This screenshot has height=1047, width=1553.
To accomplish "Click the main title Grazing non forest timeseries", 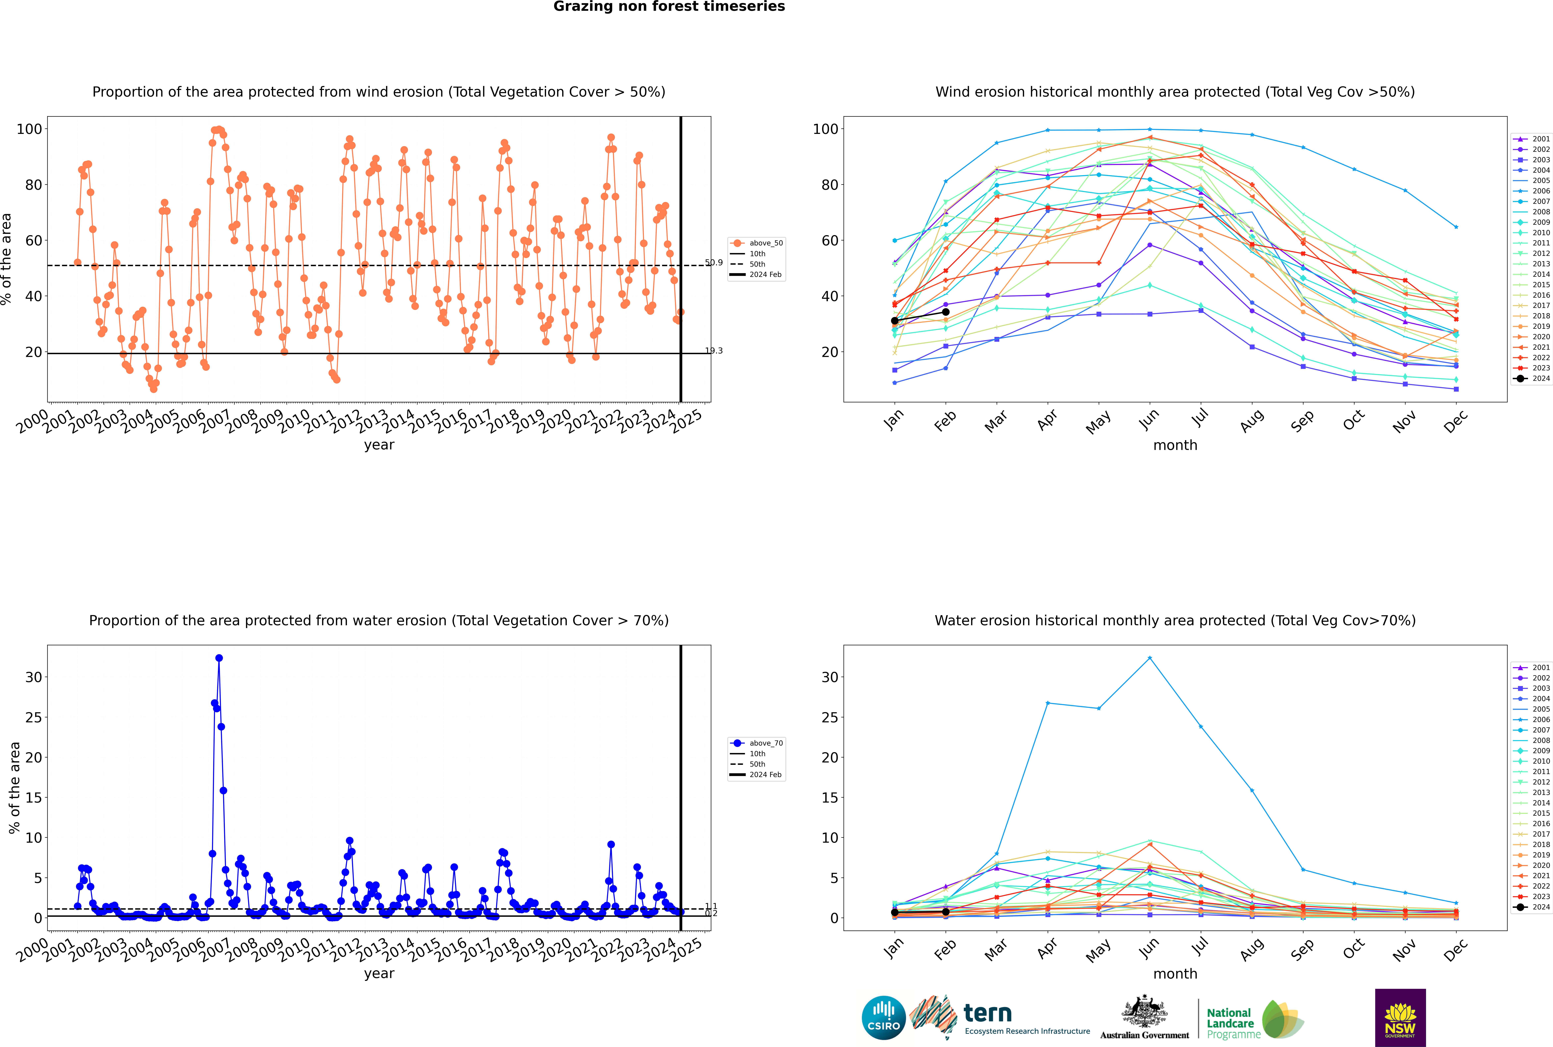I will pyautogui.click(x=669, y=7).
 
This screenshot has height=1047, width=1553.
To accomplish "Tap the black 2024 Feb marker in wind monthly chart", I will pyautogui.click(x=945, y=312).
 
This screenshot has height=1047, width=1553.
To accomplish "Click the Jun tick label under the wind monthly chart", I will pyautogui.click(x=1149, y=419).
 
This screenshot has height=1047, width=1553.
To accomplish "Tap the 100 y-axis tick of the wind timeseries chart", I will pyautogui.click(x=29, y=129).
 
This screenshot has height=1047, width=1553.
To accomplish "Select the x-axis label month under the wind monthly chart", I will pyautogui.click(x=1175, y=445).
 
